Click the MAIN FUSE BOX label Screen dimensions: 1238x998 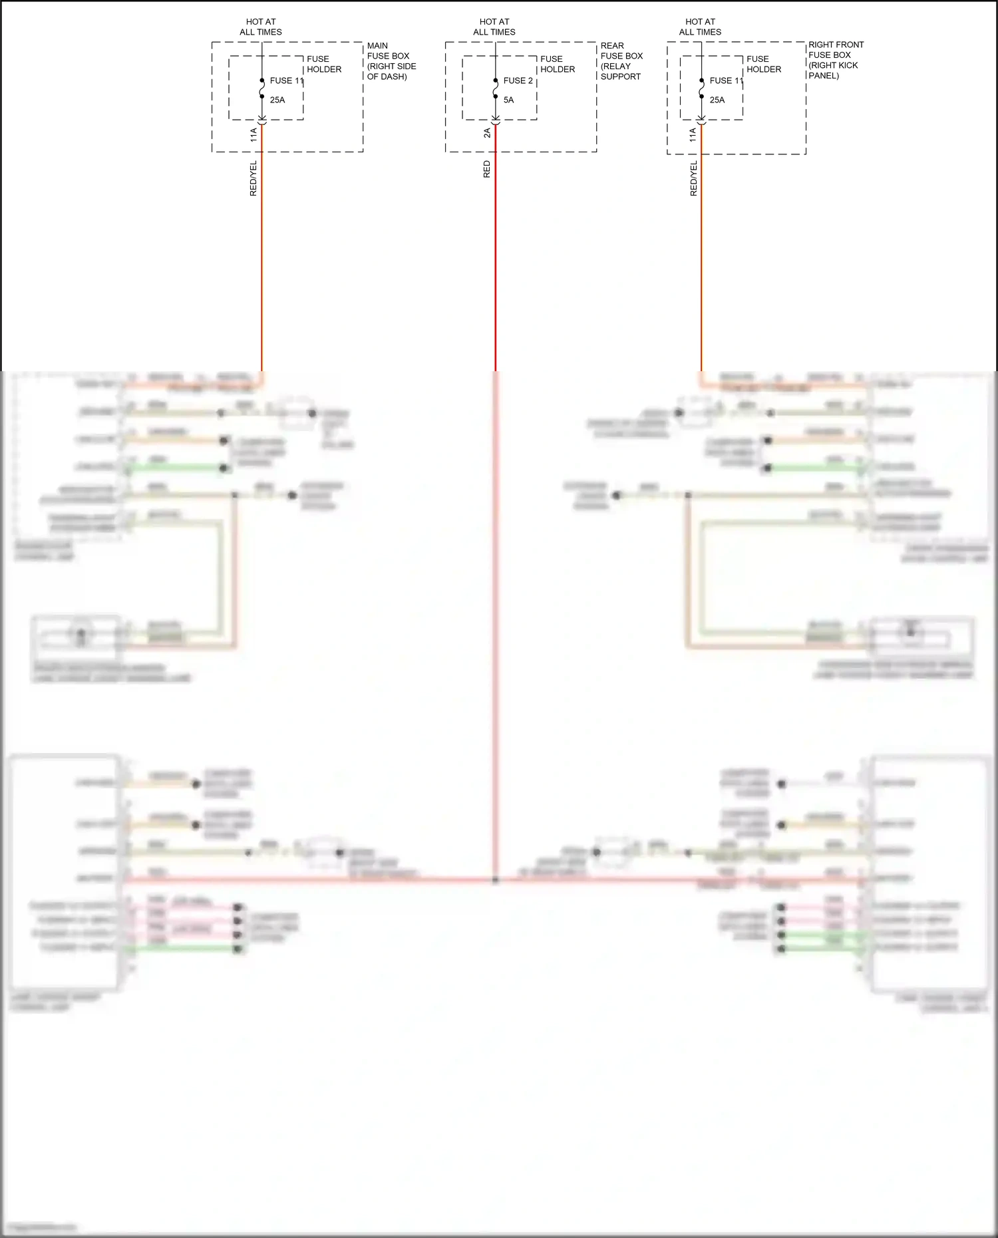coord(391,61)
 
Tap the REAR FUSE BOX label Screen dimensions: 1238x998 coord(621,61)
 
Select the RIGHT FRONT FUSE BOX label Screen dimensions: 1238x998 coord(836,60)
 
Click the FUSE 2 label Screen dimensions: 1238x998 coord(518,80)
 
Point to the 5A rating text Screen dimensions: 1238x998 coord(508,100)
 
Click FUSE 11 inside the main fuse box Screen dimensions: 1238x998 coord(286,80)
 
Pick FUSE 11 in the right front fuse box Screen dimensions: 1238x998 coord(726,80)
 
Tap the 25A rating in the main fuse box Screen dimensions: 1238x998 coord(277,100)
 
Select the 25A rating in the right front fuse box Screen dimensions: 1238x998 coord(717,100)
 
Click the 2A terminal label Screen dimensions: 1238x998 coord(487,133)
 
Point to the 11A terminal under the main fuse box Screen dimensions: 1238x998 coord(253,135)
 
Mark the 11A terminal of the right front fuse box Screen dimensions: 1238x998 coord(693,135)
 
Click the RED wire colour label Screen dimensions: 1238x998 coord(487,169)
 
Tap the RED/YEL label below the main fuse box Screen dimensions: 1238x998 coord(253,178)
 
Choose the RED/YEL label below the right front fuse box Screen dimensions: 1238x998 coord(693,178)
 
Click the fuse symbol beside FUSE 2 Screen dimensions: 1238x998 coord(496,88)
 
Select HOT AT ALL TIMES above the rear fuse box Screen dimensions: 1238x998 coord(494,27)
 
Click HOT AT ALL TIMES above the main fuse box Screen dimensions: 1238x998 coord(261,27)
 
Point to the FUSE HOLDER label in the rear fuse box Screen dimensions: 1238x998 coord(557,64)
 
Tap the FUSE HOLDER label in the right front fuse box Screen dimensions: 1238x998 coord(763,64)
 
